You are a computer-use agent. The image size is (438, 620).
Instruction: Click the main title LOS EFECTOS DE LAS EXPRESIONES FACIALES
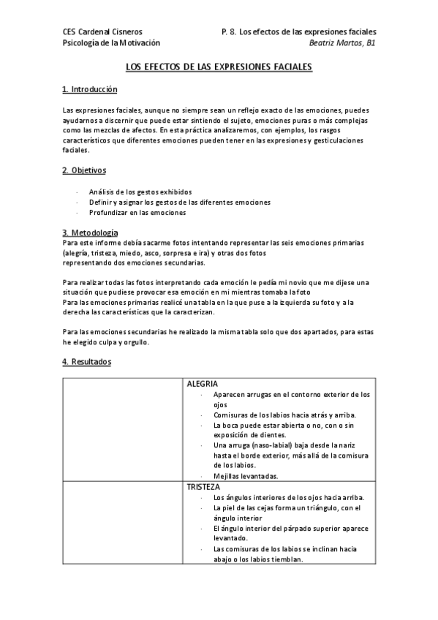219,67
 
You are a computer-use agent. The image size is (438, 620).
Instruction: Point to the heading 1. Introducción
90,89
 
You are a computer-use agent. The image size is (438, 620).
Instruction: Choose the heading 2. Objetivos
84,171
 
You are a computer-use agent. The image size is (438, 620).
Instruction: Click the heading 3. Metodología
90,232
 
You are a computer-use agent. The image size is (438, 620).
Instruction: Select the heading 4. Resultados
86,362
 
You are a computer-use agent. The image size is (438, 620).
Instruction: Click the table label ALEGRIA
203,384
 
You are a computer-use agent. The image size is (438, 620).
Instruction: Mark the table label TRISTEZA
203,486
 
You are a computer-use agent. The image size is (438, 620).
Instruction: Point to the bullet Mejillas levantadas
246,476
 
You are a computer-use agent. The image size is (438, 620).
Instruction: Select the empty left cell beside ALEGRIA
124,430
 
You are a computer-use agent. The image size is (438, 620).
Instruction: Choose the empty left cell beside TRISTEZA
124,523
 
